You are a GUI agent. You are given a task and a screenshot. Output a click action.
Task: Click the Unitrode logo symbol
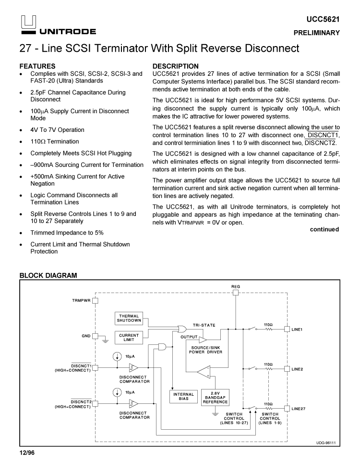(27, 22)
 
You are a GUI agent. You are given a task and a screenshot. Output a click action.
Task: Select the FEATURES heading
(37, 66)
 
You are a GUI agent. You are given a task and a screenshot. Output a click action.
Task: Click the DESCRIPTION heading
(175, 66)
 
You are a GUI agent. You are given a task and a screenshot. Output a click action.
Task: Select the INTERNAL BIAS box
(183, 397)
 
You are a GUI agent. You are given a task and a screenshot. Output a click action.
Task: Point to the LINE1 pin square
(287, 329)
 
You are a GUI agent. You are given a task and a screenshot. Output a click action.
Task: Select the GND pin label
(86, 336)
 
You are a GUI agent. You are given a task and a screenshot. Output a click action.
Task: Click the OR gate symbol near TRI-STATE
(183, 329)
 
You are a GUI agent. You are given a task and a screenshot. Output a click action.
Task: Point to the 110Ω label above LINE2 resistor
(268, 364)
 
